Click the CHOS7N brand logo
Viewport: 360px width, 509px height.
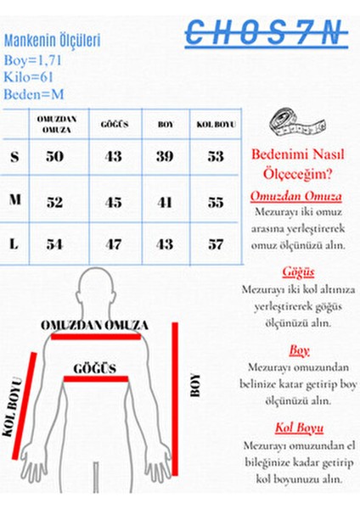point(265,34)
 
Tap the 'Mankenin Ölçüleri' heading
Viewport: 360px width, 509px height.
point(53,39)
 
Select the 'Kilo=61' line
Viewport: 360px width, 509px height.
point(29,76)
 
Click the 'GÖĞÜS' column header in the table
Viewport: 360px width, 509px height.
point(114,124)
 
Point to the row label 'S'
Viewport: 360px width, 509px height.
point(14,157)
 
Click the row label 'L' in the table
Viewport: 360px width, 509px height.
point(14,243)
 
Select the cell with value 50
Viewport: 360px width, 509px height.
point(55,157)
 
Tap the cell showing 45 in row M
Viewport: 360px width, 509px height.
point(114,202)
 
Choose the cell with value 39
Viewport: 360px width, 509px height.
point(166,157)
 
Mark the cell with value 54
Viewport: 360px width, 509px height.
point(55,244)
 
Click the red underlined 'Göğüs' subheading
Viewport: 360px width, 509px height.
point(299,271)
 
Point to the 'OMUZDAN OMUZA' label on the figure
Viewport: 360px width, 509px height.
point(94,325)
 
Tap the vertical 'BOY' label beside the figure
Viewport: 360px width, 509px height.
point(195,386)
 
